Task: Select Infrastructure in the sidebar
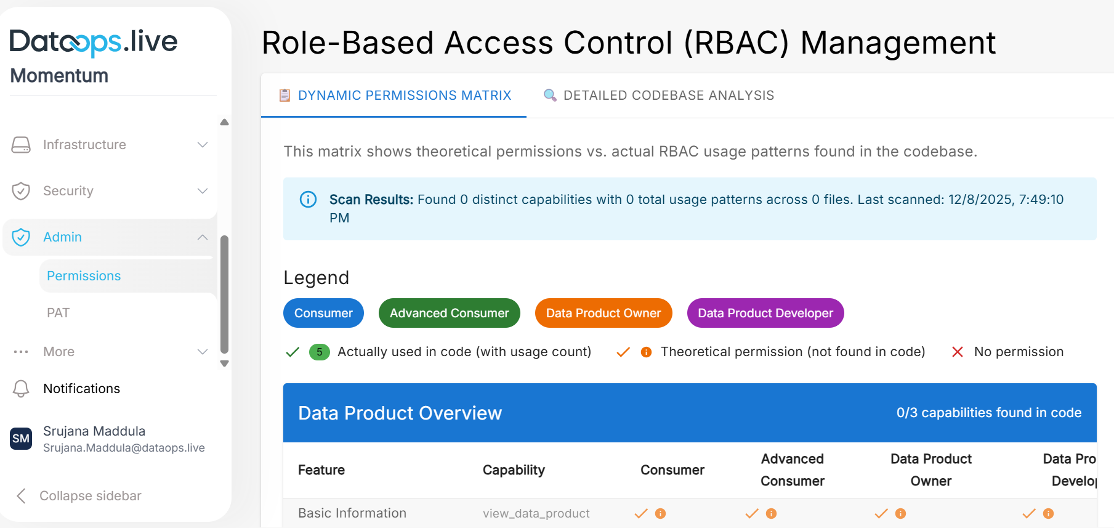pos(84,145)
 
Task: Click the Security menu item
pos(68,191)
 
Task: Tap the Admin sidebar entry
pos(62,237)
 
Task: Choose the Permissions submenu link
pos(84,276)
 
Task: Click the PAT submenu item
pos(59,313)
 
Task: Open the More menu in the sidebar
pos(59,352)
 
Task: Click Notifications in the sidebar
pos(81,389)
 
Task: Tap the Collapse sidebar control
pos(90,496)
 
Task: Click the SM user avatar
pos(21,439)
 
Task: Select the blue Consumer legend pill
pos(323,313)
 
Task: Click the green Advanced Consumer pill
pos(449,313)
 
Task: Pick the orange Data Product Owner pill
pos(603,313)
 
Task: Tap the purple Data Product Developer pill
pos(765,313)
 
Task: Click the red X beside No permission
pos(957,352)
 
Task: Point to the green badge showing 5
pos(319,352)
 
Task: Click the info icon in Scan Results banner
pos(308,200)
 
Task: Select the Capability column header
pos(514,470)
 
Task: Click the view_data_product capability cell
pos(536,513)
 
